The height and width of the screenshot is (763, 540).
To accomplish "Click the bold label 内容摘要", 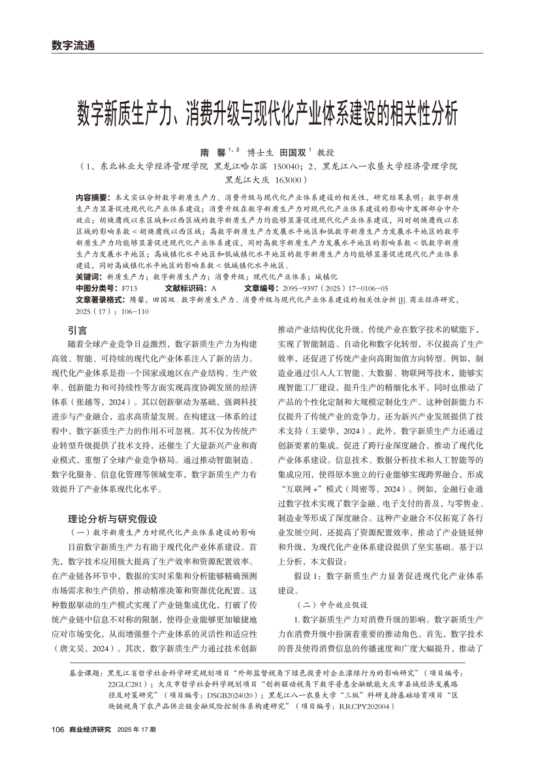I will pyautogui.click(x=93, y=196).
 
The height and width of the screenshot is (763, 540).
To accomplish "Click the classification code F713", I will pyautogui.click(x=129, y=288).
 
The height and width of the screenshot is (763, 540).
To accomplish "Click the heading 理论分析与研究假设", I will pyautogui.click(x=113, y=501).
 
